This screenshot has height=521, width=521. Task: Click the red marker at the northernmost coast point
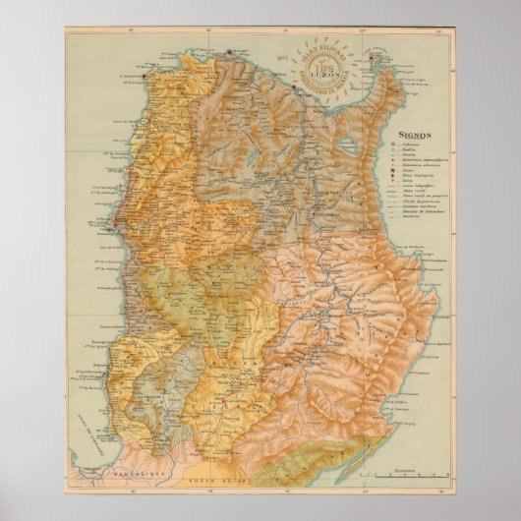tap(229, 51)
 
